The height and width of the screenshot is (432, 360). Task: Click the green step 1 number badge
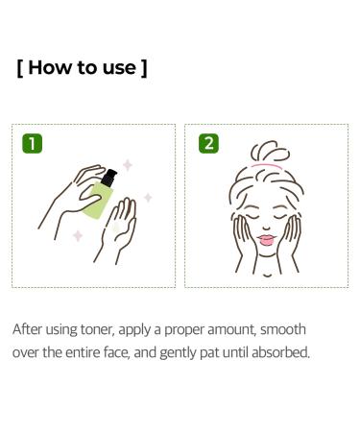click(x=33, y=144)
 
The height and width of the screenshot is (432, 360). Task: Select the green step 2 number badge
click(x=208, y=144)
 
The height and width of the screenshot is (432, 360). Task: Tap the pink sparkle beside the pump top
click(x=127, y=165)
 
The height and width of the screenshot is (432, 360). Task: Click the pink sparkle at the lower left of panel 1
click(x=78, y=235)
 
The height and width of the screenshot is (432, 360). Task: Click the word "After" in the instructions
click(x=28, y=329)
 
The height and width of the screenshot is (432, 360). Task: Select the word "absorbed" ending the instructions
click(x=279, y=352)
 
